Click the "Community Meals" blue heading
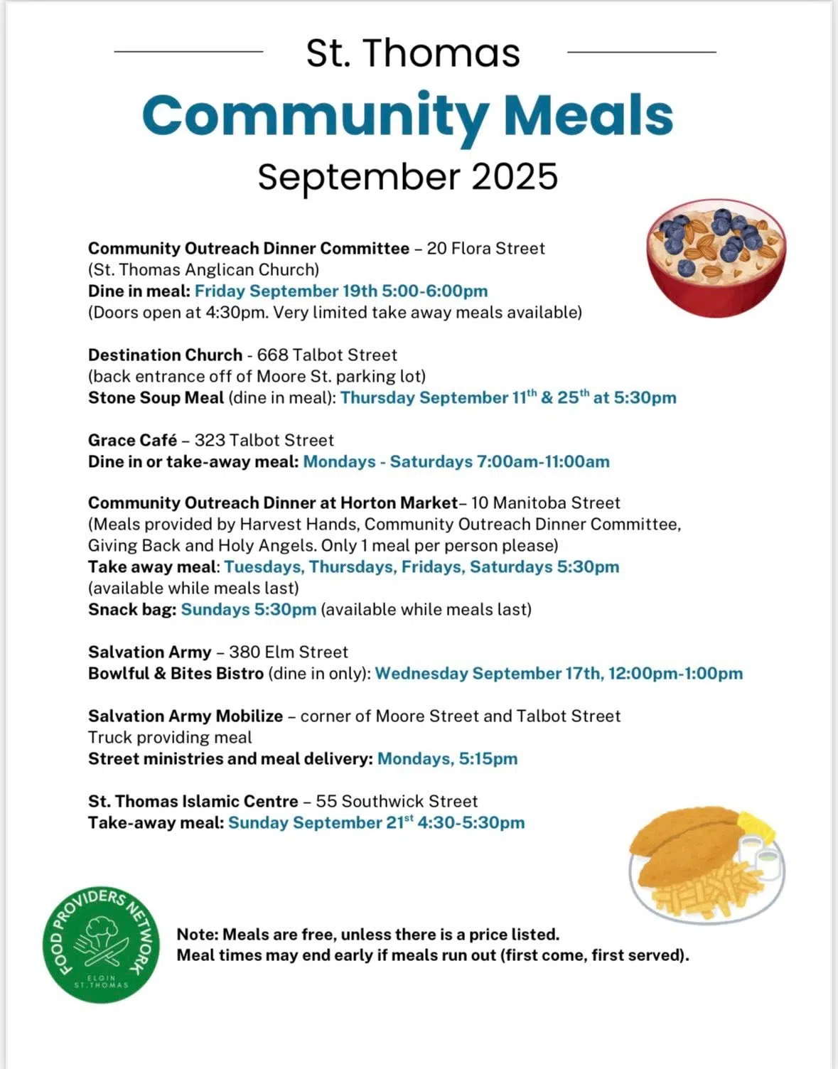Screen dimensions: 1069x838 tap(407, 116)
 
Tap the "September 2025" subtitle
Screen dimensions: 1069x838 tap(407, 177)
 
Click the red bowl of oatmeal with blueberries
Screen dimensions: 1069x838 tap(716, 257)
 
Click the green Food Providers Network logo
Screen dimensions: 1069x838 tap(100, 945)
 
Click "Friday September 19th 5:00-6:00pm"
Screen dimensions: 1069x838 tap(341, 291)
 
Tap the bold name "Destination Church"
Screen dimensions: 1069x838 tap(165, 355)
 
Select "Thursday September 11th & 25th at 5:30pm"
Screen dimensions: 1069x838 tap(508, 397)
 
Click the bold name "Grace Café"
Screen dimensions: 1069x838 tap(132, 441)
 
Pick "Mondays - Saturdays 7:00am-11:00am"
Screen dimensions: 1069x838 tap(456, 462)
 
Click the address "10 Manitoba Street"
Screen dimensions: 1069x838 tap(545, 503)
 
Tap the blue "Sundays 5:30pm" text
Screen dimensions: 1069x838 tap(248, 610)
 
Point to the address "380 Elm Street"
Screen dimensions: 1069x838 tap(288, 652)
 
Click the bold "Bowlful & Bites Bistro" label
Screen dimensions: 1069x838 tap(176, 674)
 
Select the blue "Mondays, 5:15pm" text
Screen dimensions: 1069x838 tap(447, 759)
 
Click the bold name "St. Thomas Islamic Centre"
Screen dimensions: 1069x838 tap(193, 802)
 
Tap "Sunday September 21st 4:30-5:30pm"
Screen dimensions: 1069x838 tap(376, 823)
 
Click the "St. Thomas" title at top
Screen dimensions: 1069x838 tap(413, 53)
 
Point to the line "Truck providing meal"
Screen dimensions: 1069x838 tap(170, 738)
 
